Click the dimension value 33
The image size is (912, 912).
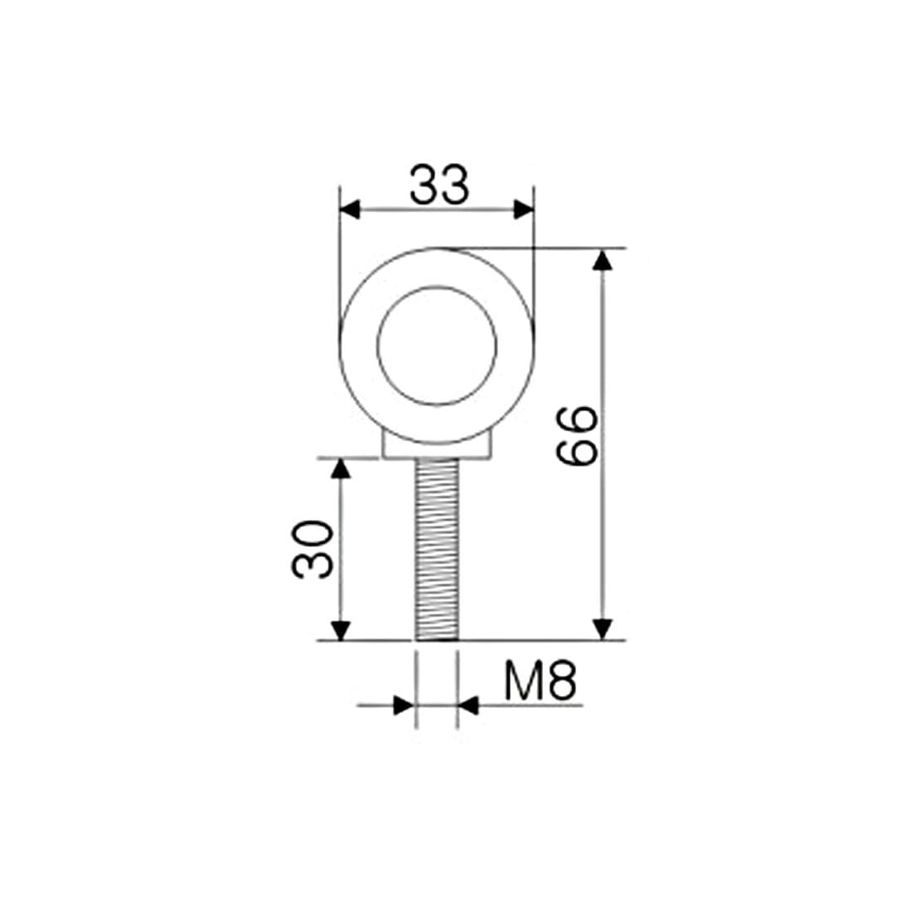[x=439, y=185]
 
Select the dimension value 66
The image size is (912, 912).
[x=576, y=436]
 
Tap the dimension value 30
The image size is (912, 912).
[x=313, y=549]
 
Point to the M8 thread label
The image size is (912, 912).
[x=540, y=681]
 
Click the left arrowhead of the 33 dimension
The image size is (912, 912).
[x=350, y=210]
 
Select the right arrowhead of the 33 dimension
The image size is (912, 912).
[x=523, y=210]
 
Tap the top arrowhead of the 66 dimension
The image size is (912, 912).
[x=603, y=260]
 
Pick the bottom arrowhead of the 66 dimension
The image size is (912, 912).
[x=603, y=629]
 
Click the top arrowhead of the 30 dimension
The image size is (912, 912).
[x=340, y=468]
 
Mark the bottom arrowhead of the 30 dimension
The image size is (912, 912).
[x=340, y=630]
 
